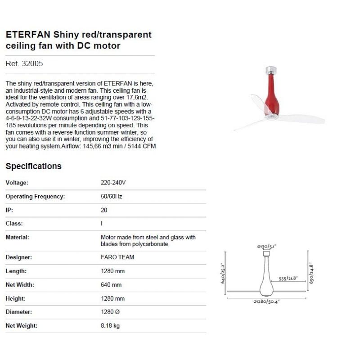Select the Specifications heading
point(33,166)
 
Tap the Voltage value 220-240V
point(113,183)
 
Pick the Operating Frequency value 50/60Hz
point(112,196)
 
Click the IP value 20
point(104,210)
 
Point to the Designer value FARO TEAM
point(117,257)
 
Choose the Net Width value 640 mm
point(111,284)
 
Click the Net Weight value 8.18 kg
point(110,325)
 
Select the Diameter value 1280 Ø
point(110,312)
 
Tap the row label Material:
point(17,237)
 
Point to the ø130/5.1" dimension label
point(266,246)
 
